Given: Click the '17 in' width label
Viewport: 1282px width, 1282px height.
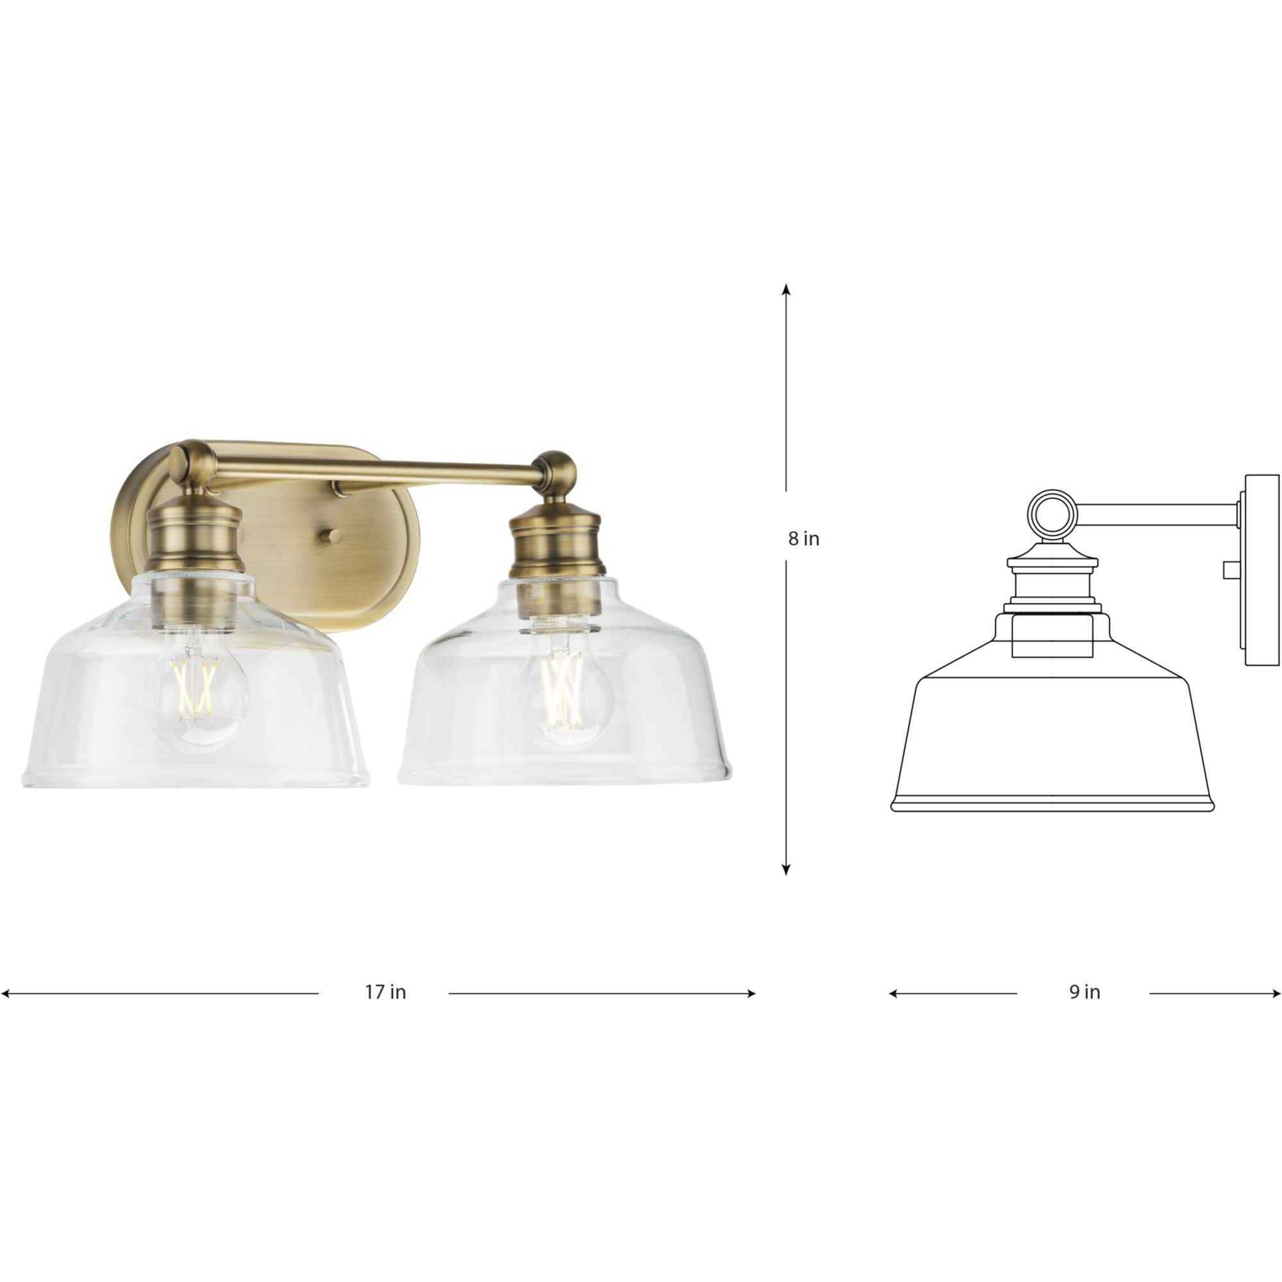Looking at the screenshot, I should (385, 992).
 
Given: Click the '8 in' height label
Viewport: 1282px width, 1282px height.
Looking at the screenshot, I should (804, 539).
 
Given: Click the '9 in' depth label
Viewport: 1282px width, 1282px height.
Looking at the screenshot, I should (1085, 992).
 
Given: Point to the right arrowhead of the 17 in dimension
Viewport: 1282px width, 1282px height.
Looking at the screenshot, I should (751, 994).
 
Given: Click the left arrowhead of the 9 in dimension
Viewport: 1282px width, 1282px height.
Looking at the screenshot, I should (893, 994).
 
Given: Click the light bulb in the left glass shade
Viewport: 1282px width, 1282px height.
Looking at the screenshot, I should (196, 690).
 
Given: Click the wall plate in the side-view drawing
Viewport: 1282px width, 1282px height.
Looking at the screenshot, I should (1261, 570).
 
